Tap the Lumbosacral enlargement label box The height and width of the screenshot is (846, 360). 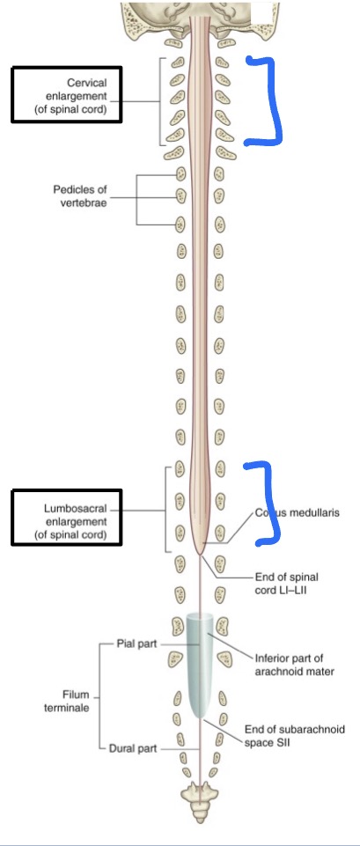(67, 520)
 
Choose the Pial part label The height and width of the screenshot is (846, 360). (136, 644)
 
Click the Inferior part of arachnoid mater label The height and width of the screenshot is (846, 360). (295, 665)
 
